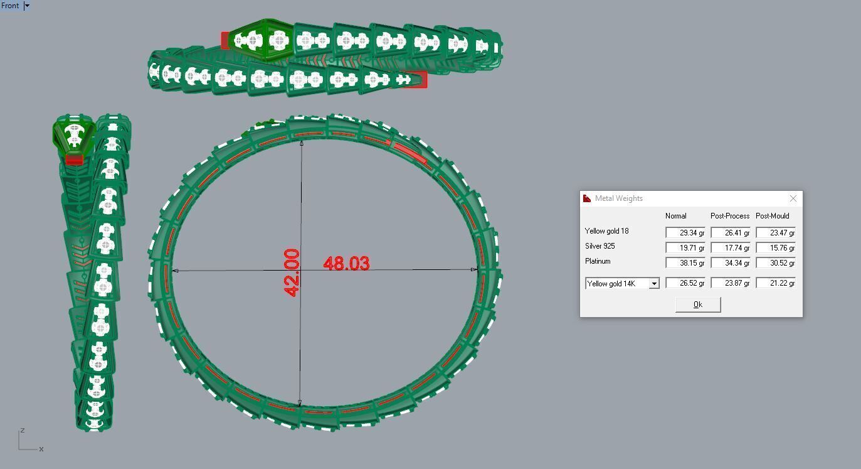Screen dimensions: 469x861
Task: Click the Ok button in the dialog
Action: tap(697, 305)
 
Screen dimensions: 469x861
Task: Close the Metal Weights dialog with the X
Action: tap(793, 198)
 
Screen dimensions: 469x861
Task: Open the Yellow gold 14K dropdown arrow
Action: tap(653, 284)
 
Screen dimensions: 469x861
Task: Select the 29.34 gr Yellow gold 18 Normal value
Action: tap(685, 233)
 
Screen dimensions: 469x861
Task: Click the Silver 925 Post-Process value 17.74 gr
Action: tap(730, 248)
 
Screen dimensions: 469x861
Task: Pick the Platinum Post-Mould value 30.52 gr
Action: tap(775, 263)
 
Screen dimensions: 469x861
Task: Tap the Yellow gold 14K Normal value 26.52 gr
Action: tap(685, 283)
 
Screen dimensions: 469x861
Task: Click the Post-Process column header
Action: tap(730, 216)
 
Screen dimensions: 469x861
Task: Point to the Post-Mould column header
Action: tap(773, 216)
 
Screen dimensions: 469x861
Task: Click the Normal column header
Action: tap(676, 216)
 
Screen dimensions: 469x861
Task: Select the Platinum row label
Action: tap(598, 261)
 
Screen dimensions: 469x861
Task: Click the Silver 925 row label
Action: tap(600, 246)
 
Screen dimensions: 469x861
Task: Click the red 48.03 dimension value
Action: tap(346, 264)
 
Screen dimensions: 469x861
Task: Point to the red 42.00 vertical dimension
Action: tap(292, 272)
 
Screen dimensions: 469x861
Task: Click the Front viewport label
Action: tap(10, 6)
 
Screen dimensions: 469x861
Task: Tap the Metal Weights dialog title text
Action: tap(618, 198)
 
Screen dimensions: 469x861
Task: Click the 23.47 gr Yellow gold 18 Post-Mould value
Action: tap(775, 233)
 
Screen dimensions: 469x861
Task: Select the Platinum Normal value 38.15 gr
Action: tap(685, 263)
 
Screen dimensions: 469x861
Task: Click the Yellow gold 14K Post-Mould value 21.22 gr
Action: tap(775, 283)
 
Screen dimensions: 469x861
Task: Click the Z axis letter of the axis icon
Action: tap(23, 430)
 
